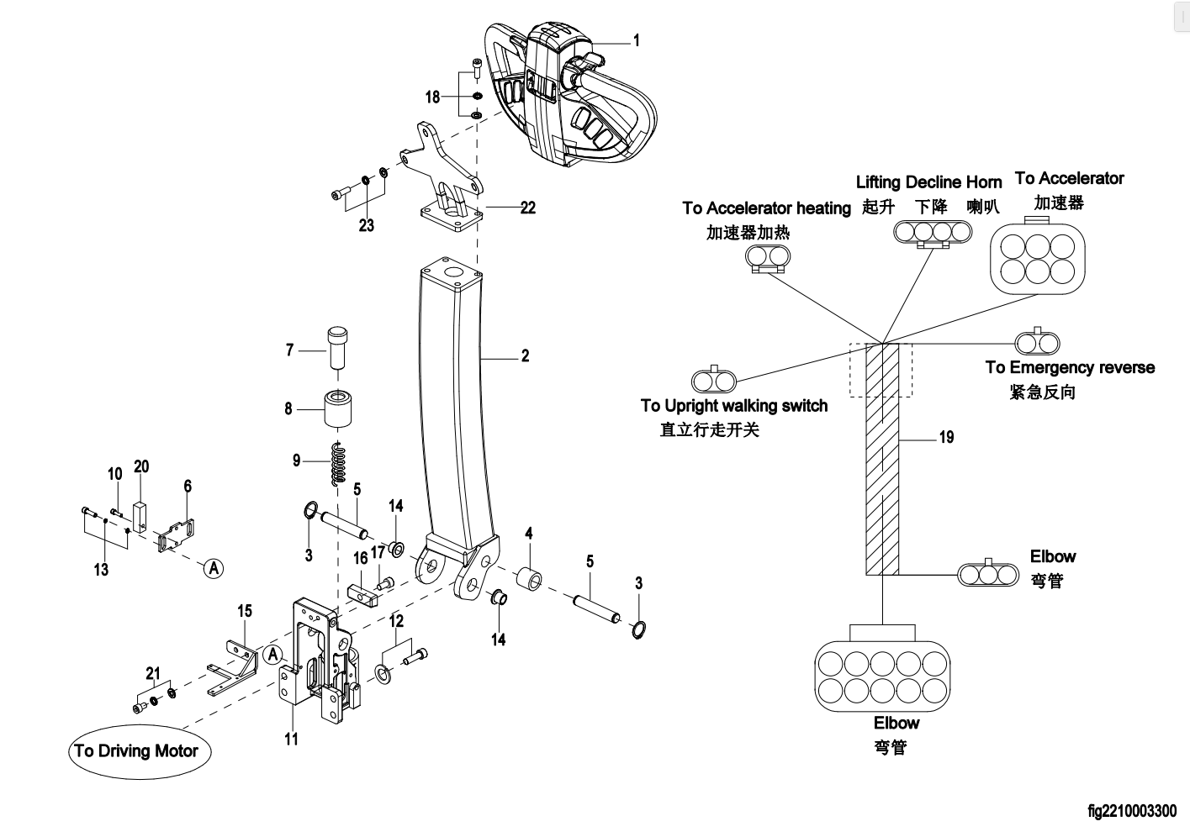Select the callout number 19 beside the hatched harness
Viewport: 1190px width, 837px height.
[946, 437]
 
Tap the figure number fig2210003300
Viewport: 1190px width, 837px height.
[1131, 812]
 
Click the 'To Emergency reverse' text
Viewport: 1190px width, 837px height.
[1070, 367]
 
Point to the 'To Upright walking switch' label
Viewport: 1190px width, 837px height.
[733, 406]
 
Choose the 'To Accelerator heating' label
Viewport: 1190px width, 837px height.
[766, 208]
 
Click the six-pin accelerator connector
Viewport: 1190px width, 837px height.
[1037, 258]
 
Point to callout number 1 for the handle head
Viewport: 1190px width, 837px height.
[636, 40]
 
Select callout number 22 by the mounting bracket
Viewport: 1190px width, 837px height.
[527, 207]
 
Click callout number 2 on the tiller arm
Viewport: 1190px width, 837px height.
[525, 356]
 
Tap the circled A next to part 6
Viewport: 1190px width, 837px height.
[214, 568]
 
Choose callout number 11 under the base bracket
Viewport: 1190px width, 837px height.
[291, 739]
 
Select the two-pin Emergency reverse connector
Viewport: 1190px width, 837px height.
[1038, 342]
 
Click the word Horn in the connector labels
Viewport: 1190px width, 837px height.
[983, 182]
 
